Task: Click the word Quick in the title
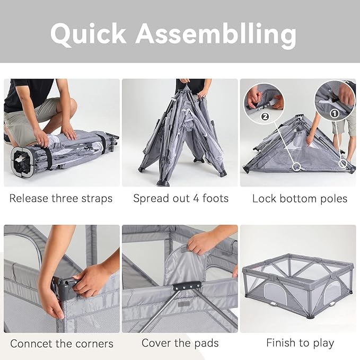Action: click(88, 33)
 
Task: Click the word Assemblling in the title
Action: click(215, 34)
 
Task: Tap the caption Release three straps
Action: click(61, 199)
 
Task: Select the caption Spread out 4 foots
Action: click(181, 199)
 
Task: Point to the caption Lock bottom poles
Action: click(300, 199)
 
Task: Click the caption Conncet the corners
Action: click(62, 344)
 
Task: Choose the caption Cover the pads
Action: click(180, 343)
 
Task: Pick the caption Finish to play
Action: click(300, 343)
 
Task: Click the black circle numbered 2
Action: click(265, 117)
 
